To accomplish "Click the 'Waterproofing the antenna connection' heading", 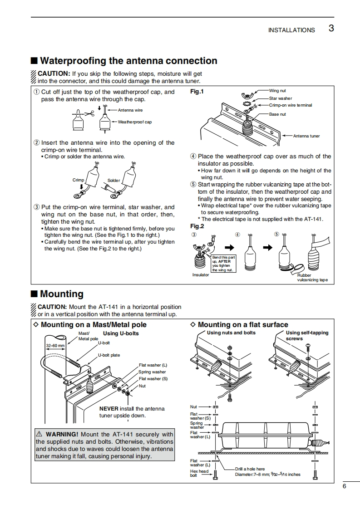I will (128, 61).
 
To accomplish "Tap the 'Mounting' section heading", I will (62, 294).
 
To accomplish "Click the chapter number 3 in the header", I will (331, 28).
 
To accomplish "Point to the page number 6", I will (345, 486).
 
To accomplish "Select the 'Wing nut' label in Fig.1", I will (277, 91).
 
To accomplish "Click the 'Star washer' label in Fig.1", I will (281, 98).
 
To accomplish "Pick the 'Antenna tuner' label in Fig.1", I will (306, 136).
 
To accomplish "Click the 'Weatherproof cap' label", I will (135, 122).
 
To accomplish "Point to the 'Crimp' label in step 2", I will (78, 180).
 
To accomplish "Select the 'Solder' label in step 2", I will (113, 181).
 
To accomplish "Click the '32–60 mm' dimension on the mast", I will (55, 346).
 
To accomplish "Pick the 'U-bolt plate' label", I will (109, 355).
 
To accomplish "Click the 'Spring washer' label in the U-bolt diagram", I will (152, 372).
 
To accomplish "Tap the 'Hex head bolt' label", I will (199, 473).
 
